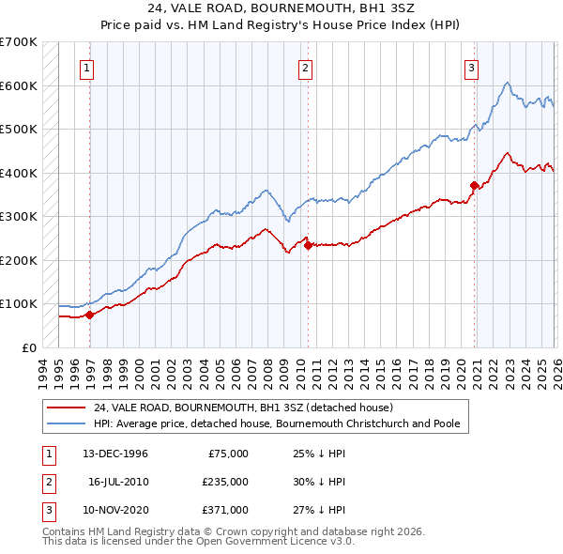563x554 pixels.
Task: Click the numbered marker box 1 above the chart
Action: pyautogui.click(x=86, y=67)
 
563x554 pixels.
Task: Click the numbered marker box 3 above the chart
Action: pyautogui.click(x=471, y=67)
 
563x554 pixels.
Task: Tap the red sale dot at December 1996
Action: pyautogui.click(x=90, y=315)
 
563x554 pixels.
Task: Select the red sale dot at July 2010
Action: pyautogui.click(x=308, y=245)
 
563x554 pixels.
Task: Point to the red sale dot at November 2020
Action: pyautogui.click(x=474, y=185)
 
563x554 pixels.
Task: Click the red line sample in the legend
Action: pyautogui.click(x=68, y=408)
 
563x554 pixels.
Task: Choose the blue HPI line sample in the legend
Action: pyautogui.click(x=68, y=424)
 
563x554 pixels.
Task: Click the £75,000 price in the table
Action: pyautogui.click(x=228, y=454)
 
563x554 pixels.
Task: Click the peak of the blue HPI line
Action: pyautogui.click(x=507, y=83)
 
